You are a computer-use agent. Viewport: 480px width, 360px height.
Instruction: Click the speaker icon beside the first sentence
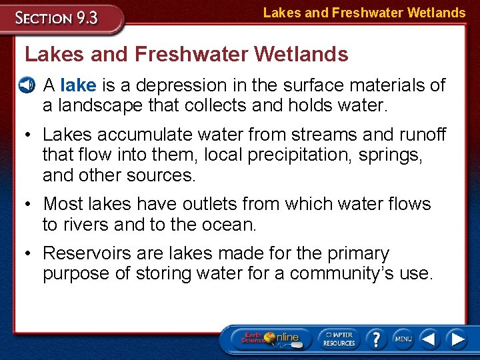click(26, 85)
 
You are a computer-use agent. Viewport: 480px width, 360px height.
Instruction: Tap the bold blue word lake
click(78, 85)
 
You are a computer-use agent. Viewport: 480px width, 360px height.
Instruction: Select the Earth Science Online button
click(271, 338)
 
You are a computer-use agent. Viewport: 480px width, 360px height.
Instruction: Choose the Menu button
click(403, 338)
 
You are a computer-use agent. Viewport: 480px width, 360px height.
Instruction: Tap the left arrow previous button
click(429, 338)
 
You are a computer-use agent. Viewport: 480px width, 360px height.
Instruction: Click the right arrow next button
click(457, 338)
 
